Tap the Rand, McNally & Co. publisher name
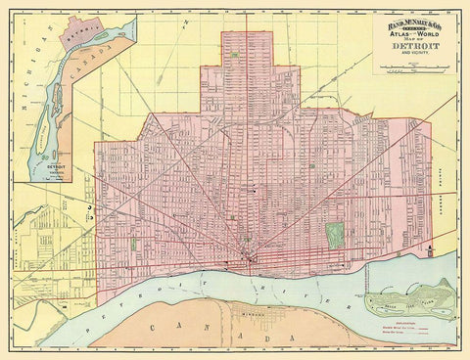[x=411, y=19]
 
